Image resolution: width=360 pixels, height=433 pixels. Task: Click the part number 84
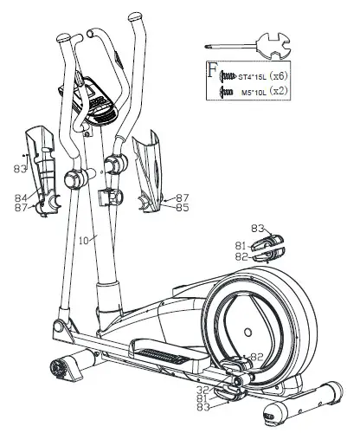pos(20,198)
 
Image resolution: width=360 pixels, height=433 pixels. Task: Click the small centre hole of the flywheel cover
pos(249,330)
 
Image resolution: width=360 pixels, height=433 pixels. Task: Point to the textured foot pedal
pos(161,356)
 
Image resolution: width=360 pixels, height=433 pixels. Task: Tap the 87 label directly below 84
pos(20,208)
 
